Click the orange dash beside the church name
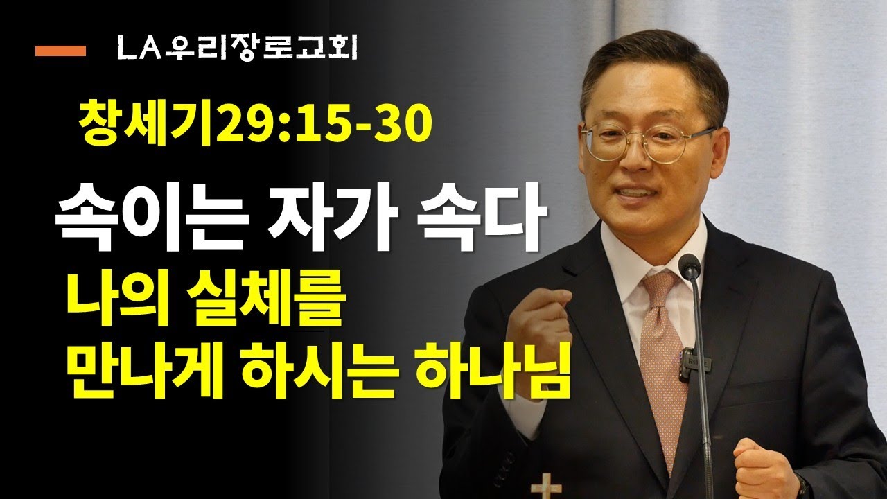click(x=60, y=51)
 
